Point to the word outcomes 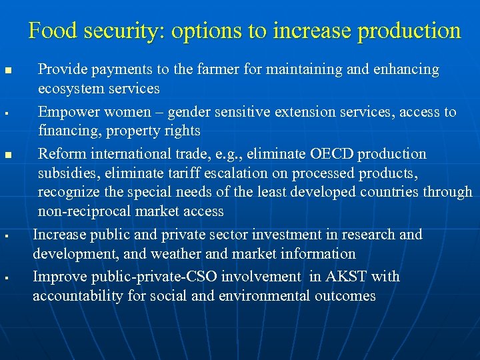point(343,296)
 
